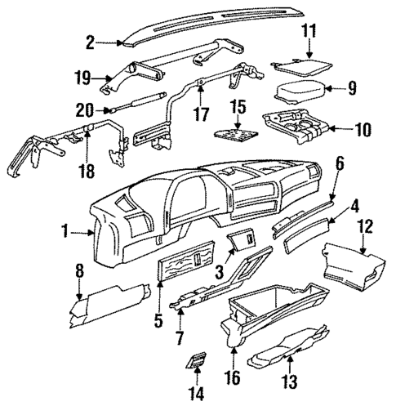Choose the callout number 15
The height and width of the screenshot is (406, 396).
click(x=238, y=108)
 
